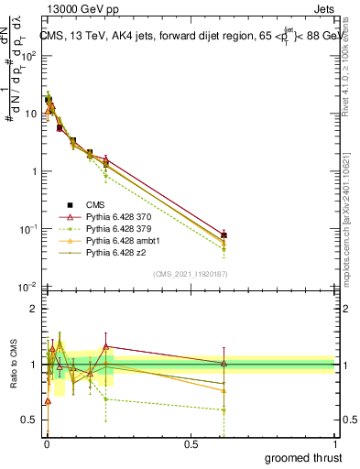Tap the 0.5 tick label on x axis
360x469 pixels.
[190, 442]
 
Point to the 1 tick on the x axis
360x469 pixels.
[334, 442]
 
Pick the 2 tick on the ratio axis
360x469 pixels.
[34, 309]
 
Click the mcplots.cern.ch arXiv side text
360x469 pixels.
[349, 211]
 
